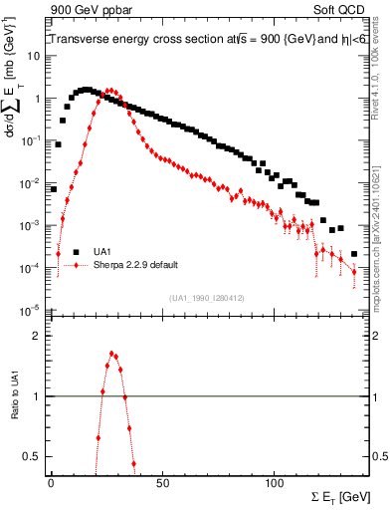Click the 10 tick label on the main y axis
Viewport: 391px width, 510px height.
click(x=33, y=56)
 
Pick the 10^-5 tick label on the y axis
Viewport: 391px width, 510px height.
click(x=30, y=310)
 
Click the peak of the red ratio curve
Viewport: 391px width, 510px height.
click(x=112, y=353)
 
